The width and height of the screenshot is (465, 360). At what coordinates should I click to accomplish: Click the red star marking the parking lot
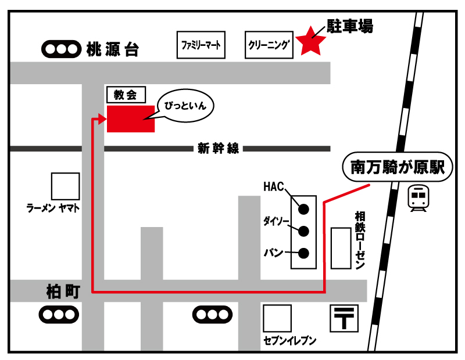coord(312,41)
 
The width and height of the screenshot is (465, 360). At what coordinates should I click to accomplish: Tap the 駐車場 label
coord(349,26)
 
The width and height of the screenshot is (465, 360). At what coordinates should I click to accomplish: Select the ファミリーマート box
coord(201,45)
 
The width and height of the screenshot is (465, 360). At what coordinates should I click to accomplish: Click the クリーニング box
coord(268,45)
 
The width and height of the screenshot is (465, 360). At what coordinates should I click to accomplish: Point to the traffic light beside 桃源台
coord(60,49)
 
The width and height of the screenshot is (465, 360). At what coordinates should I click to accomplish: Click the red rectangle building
coord(131,118)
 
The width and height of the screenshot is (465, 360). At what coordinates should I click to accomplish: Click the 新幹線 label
coord(218,149)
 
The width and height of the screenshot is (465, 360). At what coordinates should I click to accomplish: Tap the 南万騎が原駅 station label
coord(398,168)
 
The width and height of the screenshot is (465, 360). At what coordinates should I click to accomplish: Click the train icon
coord(417,198)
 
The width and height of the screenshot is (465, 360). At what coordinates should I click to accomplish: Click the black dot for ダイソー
coord(303,231)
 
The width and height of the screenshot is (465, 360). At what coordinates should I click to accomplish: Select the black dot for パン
coord(303,253)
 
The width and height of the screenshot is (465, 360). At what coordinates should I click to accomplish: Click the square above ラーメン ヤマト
coord(65,186)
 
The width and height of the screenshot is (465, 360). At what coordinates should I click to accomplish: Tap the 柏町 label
coord(62,291)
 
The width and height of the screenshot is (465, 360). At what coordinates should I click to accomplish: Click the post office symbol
coord(344,319)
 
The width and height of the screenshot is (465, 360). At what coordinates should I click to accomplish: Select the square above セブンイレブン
coord(277,319)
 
